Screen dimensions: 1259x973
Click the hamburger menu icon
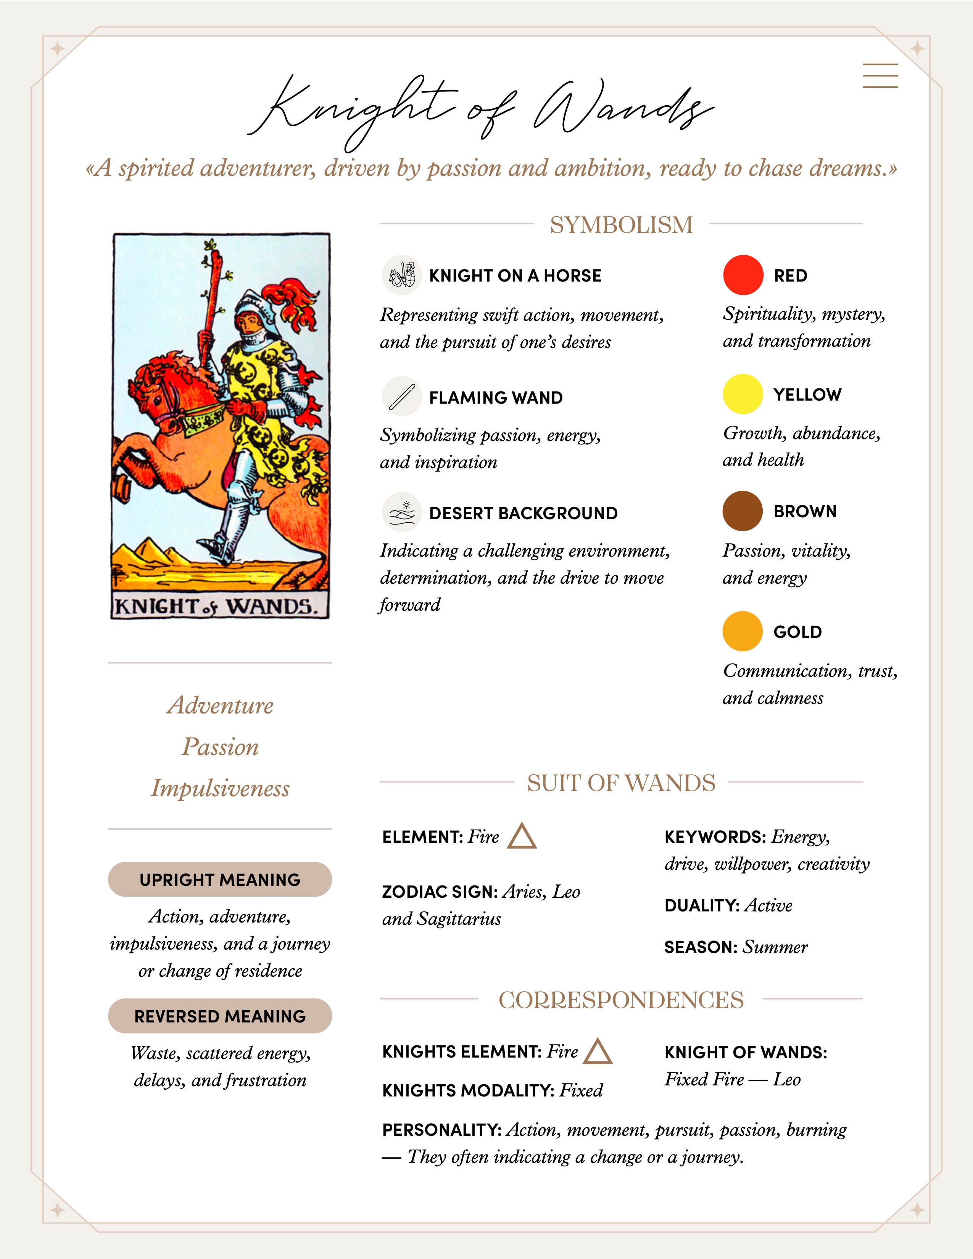(880, 76)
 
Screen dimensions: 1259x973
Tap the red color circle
(743, 275)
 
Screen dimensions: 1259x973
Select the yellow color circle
(743, 394)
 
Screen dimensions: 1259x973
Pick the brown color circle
(743, 511)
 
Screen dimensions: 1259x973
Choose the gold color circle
(743, 631)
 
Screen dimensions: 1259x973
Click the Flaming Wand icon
(402, 397)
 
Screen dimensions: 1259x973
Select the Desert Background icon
(402, 512)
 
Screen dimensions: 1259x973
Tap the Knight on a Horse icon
(402, 275)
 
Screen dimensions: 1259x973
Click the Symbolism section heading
(621, 225)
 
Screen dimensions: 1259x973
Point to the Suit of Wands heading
(621, 783)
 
